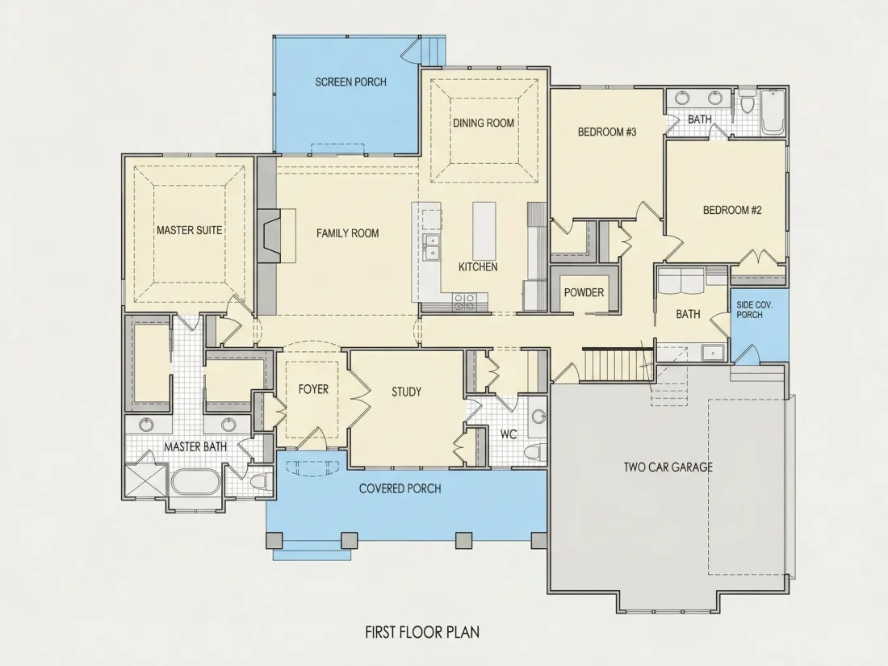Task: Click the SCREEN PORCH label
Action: pyautogui.click(x=350, y=82)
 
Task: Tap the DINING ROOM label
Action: pyautogui.click(x=483, y=123)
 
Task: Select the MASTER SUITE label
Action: pyautogui.click(x=189, y=231)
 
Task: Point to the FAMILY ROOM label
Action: pyautogui.click(x=347, y=232)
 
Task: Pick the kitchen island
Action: pyautogui.click(x=484, y=230)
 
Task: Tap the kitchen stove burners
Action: pyautogui.click(x=464, y=302)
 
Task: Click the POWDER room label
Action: pyautogui.click(x=584, y=293)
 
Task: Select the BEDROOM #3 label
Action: pyautogui.click(x=607, y=132)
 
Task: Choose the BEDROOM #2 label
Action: pyautogui.click(x=732, y=210)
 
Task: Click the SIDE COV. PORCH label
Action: pyautogui.click(x=754, y=310)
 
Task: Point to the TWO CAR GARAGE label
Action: pyautogui.click(x=668, y=467)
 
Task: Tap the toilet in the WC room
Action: pyautogui.click(x=534, y=453)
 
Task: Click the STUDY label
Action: pyautogui.click(x=406, y=392)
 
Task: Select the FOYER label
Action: pyautogui.click(x=313, y=389)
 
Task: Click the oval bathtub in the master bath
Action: pyautogui.click(x=195, y=482)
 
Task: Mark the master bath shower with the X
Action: pyautogui.click(x=145, y=481)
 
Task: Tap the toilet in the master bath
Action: pyautogui.click(x=259, y=482)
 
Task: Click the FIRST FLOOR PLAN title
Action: pyautogui.click(x=422, y=631)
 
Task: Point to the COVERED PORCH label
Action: pyautogui.click(x=400, y=488)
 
